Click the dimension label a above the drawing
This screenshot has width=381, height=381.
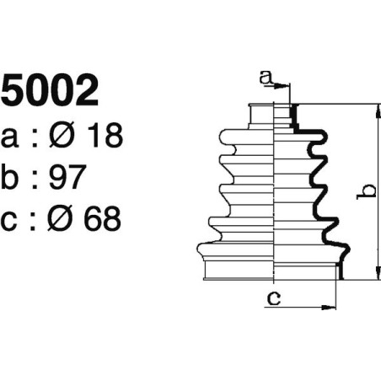pos(266,78)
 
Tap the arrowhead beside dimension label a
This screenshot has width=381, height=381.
pos(284,85)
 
